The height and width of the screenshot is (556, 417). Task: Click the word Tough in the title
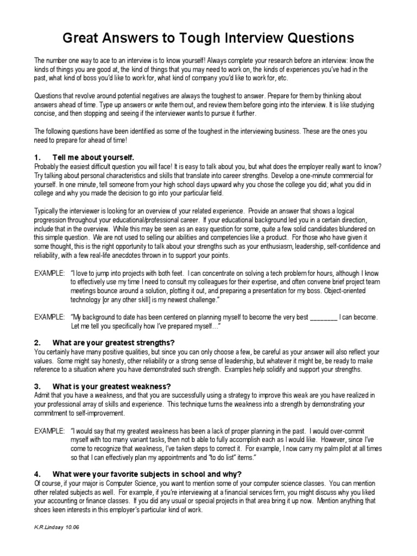pyautogui.click(x=185, y=39)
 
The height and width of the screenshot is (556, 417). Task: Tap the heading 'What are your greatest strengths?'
pyautogui.click(x=113, y=343)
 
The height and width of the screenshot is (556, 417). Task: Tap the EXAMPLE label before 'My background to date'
pyautogui.click(x=49, y=317)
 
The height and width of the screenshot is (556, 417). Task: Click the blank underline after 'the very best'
pyautogui.click(x=324, y=317)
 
